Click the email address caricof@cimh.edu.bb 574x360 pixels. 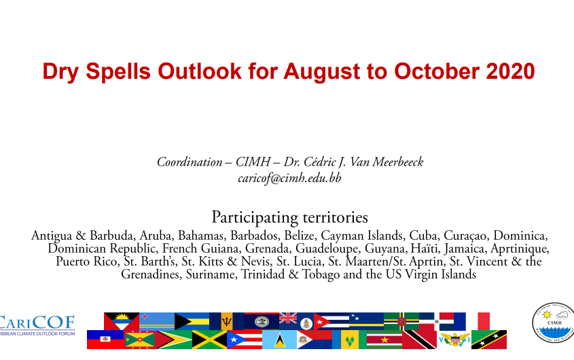coord(289,178)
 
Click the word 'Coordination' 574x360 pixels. coord(190,162)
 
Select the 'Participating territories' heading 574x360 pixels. coord(289,217)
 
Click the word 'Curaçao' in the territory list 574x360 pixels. coord(466,236)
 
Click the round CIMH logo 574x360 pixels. coord(553,323)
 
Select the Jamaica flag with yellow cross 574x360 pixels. coord(209,340)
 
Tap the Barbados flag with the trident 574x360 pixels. coord(227,321)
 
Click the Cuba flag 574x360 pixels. coord(331,321)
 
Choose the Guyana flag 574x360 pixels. coord(175,340)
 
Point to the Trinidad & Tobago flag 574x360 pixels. coord(419,340)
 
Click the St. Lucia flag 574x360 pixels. coord(279,340)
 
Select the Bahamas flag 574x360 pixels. coord(192,321)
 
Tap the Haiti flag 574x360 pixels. coord(105,340)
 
